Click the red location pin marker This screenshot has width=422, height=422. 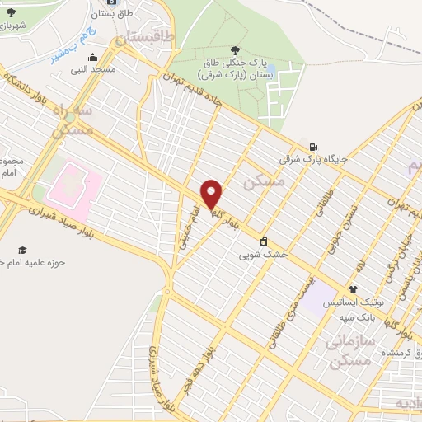[212, 194]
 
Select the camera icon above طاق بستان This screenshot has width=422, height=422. [112, 2]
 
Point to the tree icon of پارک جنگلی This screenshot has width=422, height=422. [237, 50]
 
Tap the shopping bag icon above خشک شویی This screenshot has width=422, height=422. [263, 241]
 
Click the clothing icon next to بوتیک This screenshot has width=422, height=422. [353, 289]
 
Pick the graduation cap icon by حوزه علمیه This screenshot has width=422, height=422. [22, 249]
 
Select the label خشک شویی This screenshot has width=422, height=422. [264, 255]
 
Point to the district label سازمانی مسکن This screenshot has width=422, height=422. [351, 349]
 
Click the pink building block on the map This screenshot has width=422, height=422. [74, 183]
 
